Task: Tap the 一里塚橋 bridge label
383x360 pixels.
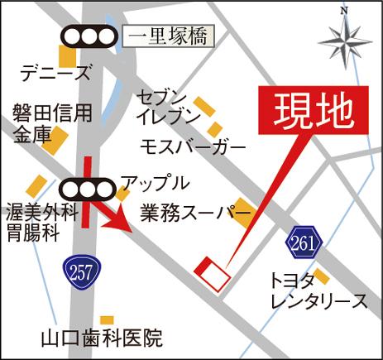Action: (169, 36)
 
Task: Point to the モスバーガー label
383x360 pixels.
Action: (194, 146)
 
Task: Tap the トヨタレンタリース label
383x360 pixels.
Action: (318, 290)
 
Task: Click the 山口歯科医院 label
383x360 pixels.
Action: (104, 338)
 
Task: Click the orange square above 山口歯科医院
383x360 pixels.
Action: (107, 319)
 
